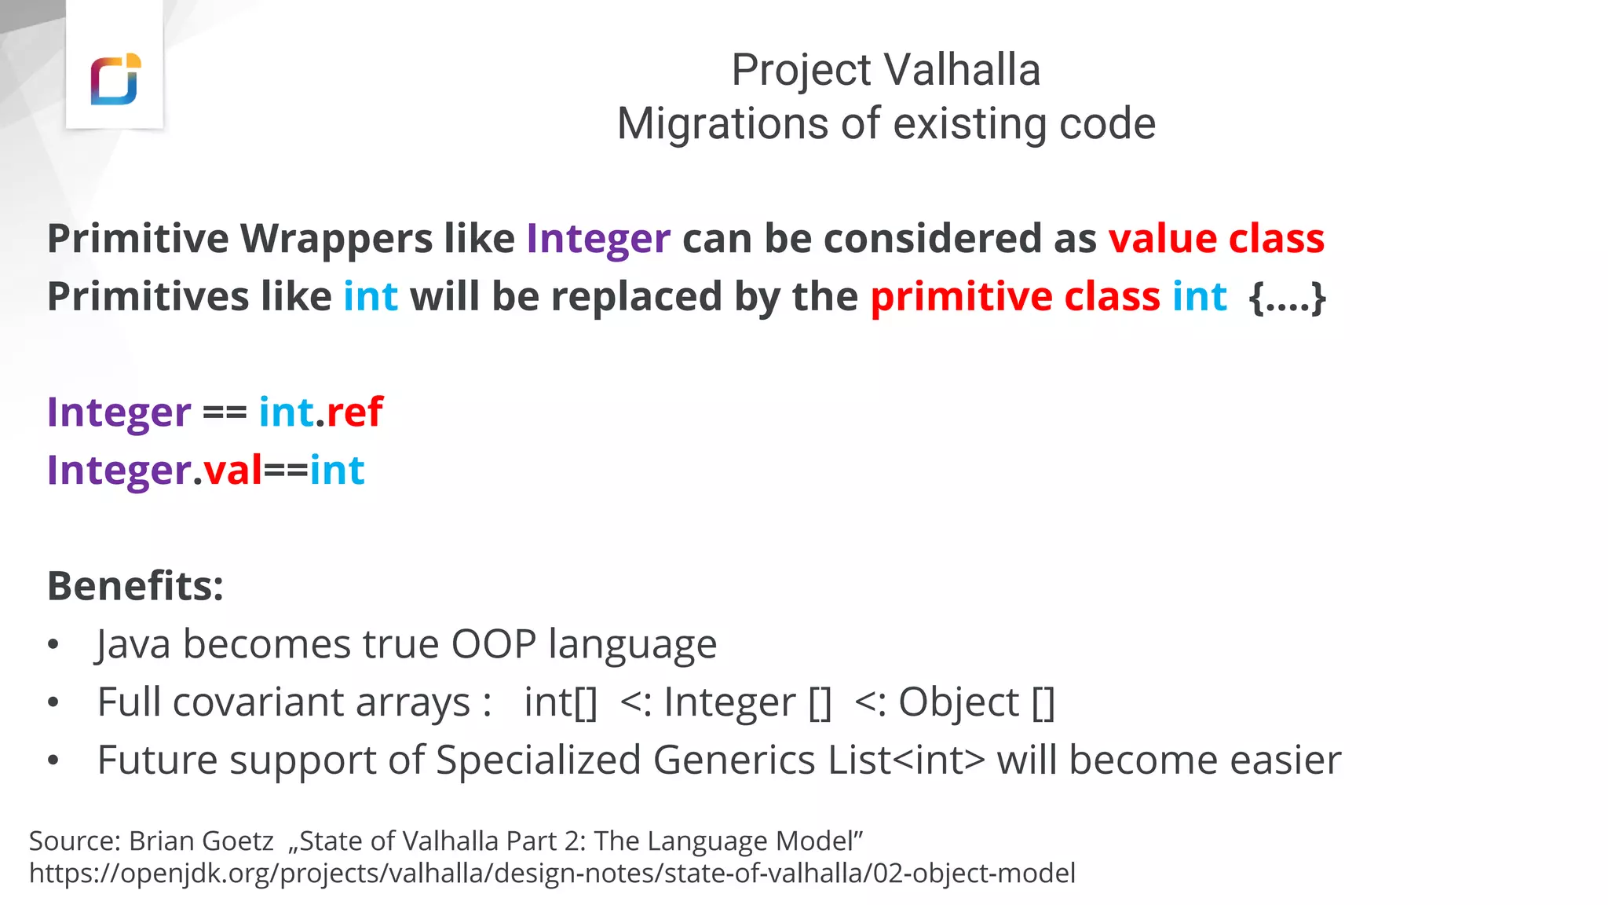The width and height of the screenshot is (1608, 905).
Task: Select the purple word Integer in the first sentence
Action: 598,239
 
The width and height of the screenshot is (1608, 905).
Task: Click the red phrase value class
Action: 1216,239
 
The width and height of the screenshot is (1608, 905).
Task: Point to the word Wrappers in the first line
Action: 336,239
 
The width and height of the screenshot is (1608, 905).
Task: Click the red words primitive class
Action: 1014,297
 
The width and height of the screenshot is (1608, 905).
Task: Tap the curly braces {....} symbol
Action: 1287,297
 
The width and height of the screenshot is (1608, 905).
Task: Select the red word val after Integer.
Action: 232,471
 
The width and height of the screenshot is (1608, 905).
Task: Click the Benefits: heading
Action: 135,586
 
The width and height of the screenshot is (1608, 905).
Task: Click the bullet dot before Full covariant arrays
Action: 53,702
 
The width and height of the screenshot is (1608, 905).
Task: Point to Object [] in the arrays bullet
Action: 976,702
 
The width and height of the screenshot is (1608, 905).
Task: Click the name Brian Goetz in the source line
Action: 201,841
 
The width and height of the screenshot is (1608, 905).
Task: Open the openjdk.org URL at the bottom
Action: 552,874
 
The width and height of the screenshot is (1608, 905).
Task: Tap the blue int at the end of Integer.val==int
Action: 337,471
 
